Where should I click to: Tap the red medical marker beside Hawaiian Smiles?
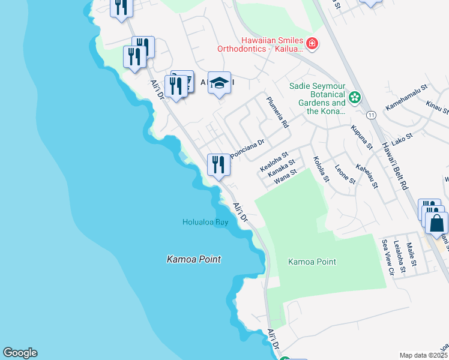tap(312, 43)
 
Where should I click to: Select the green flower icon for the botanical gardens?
tap(355, 97)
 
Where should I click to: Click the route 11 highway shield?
tap(372, 114)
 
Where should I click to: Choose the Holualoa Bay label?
tap(205, 223)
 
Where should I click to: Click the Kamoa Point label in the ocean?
tap(193, 259)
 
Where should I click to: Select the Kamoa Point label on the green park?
tap(312, 262)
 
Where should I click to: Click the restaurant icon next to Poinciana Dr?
tap(218, 164)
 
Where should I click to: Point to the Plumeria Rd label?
tap(278, 112)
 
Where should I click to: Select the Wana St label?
tap(286, 175)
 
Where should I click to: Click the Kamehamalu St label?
tap(406, 96)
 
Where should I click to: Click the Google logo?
tap(20, 353)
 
